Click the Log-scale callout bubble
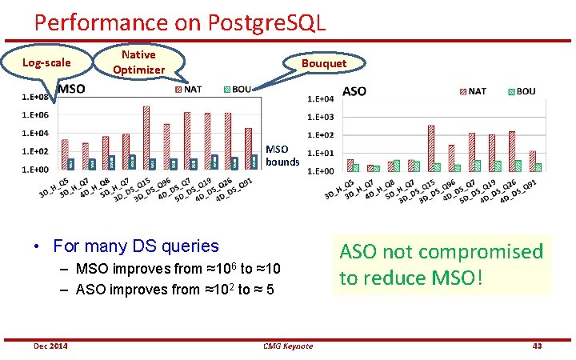(46, 62)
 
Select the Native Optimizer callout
(138, 62)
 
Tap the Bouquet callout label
(323, 63)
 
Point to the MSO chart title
(71, 89)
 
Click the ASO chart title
(354, 91)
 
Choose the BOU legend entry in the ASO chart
(519, 91)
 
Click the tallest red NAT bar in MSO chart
(146, 137)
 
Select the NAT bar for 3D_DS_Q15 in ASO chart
(431, 147)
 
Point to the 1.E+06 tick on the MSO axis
(35, 115)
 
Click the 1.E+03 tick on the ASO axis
(322, 118)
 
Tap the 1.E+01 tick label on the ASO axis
(322, 153)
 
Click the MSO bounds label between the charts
(282, 155)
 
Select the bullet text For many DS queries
(135, 246)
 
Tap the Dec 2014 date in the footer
(50, 346)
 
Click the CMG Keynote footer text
(287, 346)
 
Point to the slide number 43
(537, 346)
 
